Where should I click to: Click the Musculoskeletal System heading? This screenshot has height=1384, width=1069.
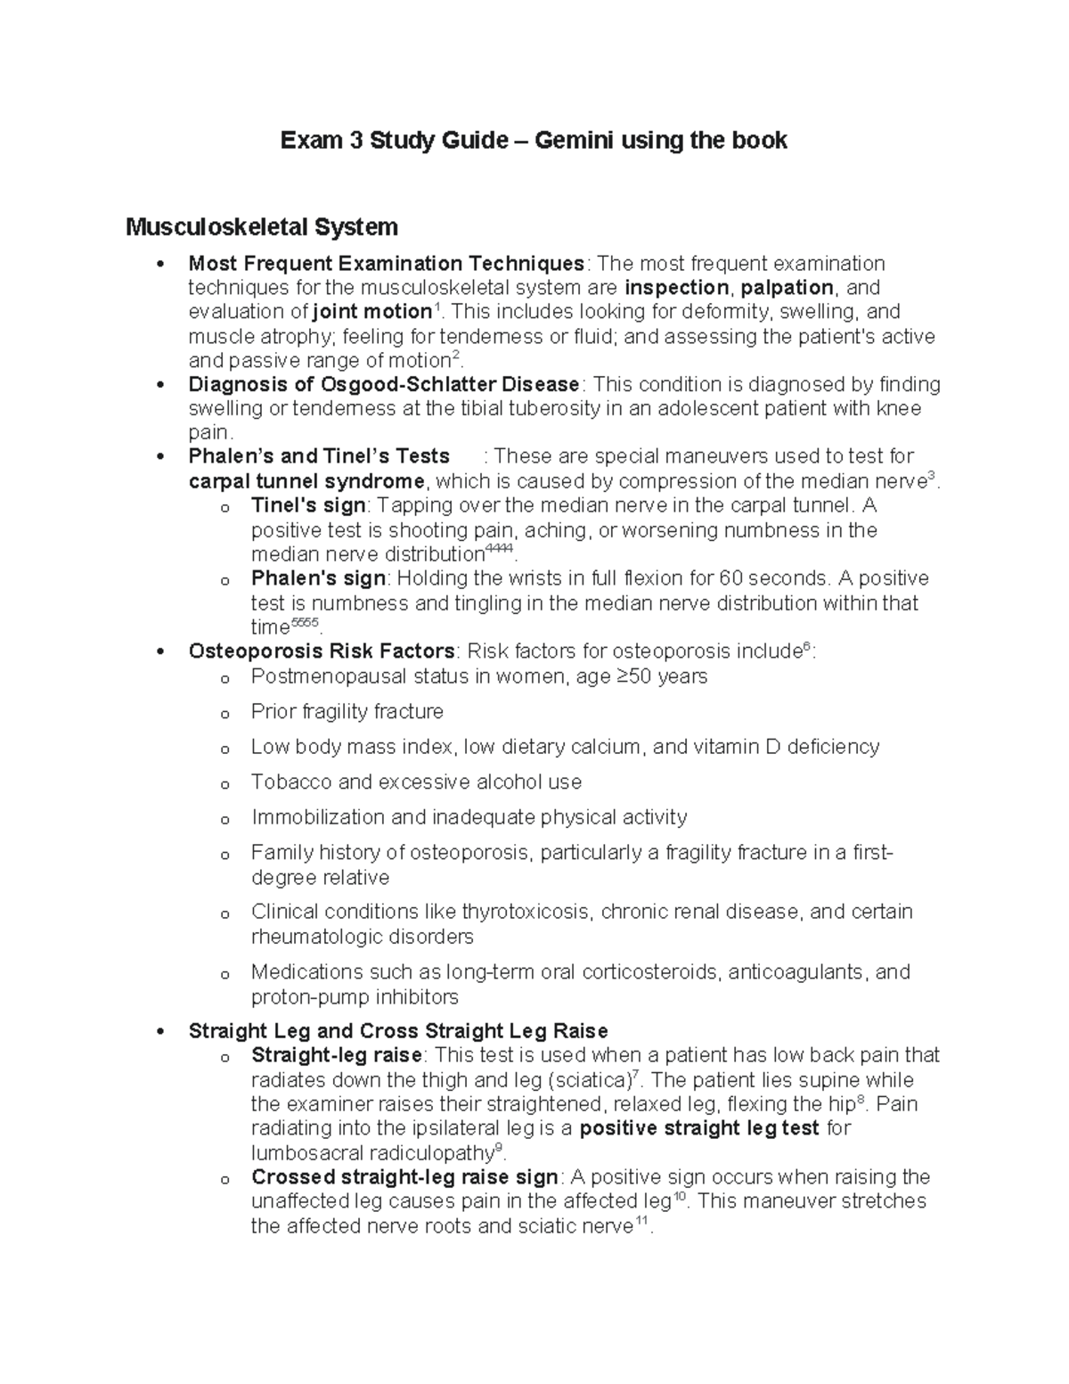(261, 227)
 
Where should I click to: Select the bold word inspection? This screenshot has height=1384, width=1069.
(676, 288)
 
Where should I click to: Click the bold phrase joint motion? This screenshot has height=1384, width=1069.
(372, 312)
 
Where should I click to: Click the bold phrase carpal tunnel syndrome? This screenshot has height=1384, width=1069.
(306, 482)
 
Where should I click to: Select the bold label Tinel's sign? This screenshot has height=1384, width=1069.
(308, 506)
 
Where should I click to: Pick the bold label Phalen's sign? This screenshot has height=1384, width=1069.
(318, 578)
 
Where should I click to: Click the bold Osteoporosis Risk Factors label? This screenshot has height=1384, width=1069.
(322, 651)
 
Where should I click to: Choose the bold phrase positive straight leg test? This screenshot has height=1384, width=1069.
(699, 1129)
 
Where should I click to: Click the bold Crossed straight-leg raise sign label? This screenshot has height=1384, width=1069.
(404, 1177)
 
